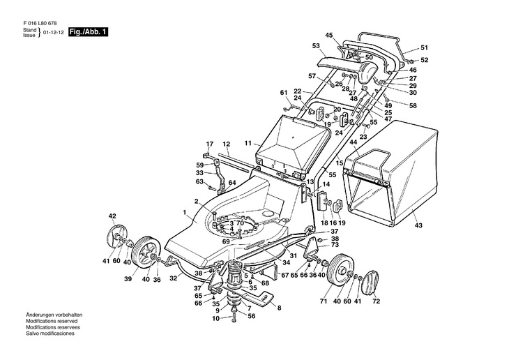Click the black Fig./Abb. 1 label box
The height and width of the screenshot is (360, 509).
89,33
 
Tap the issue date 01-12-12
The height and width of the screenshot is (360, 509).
54,33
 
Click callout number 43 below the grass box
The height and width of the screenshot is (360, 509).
418,225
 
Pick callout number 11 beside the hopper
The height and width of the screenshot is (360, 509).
248,143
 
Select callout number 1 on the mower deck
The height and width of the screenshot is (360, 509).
185,211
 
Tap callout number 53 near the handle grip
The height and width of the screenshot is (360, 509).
316,46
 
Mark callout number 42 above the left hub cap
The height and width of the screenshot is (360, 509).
112,216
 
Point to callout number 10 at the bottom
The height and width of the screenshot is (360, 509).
216,318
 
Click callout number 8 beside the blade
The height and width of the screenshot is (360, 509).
279,308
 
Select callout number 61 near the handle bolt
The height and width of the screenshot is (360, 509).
284,93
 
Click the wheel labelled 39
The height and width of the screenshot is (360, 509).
144,249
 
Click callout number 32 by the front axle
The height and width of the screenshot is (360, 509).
174,276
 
